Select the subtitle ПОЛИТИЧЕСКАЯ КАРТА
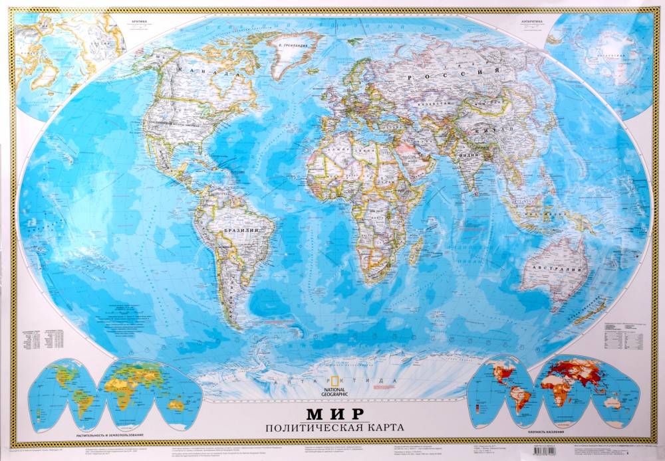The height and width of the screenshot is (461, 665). coord(332,426)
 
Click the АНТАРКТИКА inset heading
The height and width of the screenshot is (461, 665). coord(533,21)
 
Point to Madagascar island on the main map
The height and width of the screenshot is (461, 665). coord(416,253)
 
